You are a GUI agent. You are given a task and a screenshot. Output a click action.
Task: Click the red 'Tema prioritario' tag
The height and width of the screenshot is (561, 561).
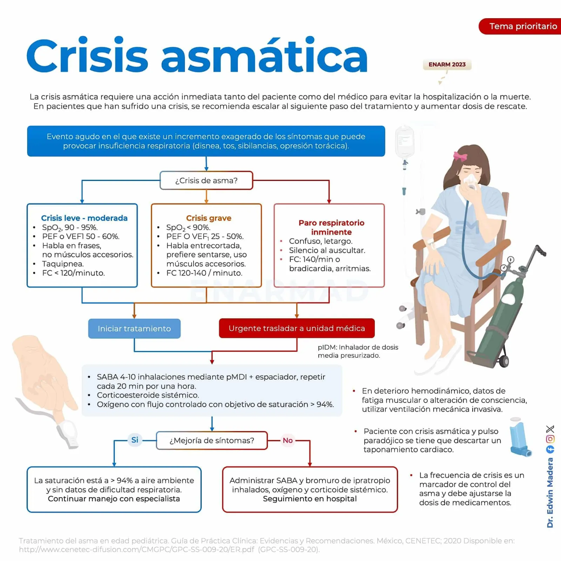520,26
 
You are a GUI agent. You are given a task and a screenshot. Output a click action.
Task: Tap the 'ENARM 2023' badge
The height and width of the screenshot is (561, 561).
447,65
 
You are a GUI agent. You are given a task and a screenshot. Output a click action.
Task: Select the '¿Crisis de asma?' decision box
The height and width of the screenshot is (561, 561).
206,181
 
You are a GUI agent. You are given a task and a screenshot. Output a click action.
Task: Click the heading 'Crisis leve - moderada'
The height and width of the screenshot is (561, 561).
84,218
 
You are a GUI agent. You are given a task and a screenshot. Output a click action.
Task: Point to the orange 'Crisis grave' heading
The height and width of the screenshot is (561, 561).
209,218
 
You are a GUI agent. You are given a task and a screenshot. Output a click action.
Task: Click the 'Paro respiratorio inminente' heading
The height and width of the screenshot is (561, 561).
331,227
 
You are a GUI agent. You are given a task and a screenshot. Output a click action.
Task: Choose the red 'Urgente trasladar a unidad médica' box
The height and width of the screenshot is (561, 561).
297,328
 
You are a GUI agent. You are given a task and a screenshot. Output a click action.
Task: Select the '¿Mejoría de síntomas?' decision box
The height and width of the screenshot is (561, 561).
212,440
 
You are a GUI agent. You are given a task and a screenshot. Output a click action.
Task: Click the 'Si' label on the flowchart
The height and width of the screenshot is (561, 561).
135,440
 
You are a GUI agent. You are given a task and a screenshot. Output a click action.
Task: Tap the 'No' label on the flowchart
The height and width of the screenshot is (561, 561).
288,440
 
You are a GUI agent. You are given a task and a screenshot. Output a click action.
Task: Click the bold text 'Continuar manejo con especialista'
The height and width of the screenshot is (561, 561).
114,499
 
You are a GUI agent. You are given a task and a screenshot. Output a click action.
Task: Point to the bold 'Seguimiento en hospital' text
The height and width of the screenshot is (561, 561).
310,499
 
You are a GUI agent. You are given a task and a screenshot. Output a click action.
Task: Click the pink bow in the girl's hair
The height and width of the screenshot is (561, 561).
460,156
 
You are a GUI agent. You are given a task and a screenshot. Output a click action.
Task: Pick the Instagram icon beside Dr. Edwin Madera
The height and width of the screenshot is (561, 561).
550,439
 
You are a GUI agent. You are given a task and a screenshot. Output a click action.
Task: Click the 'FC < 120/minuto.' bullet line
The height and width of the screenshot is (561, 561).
73,273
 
